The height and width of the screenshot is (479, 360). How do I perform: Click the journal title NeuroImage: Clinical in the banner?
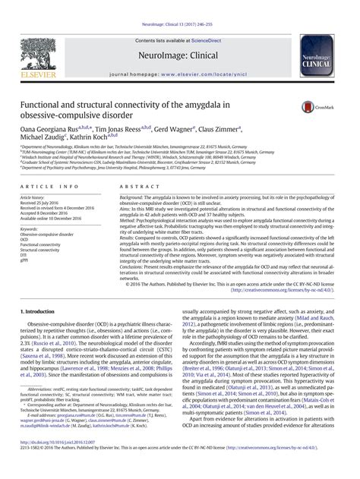point(180,35)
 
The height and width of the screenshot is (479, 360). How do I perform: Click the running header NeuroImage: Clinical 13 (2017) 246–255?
point(180,5)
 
